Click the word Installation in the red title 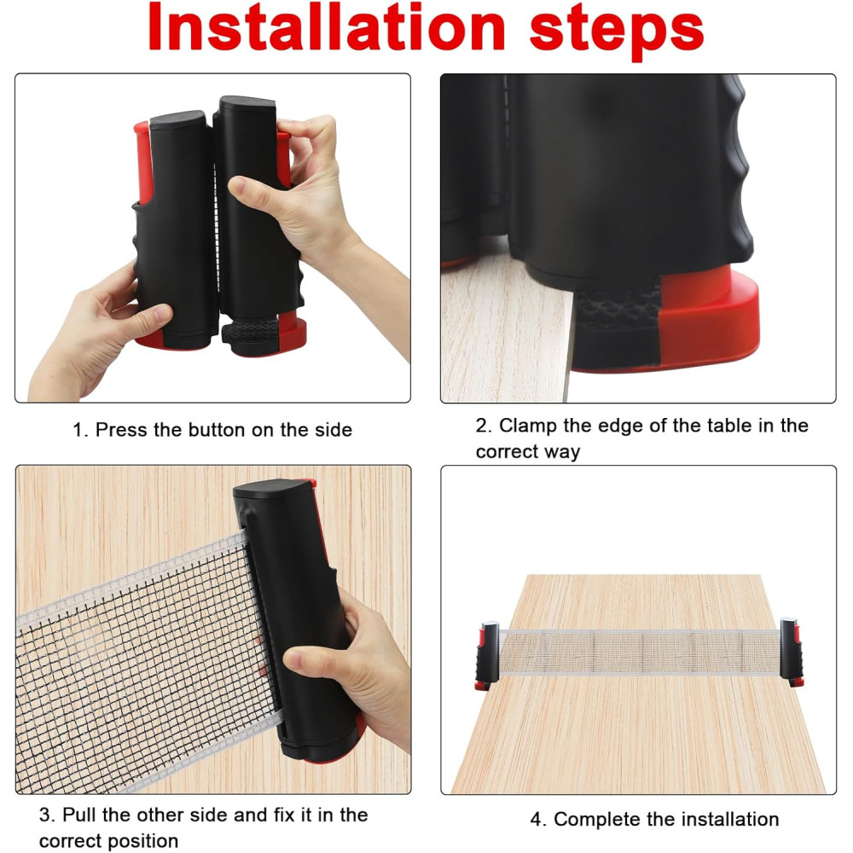327,27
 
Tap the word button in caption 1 218,430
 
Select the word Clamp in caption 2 528,426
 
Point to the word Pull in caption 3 79,815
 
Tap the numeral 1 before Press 79,430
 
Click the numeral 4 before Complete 537,819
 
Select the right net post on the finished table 792,651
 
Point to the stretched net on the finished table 639,652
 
